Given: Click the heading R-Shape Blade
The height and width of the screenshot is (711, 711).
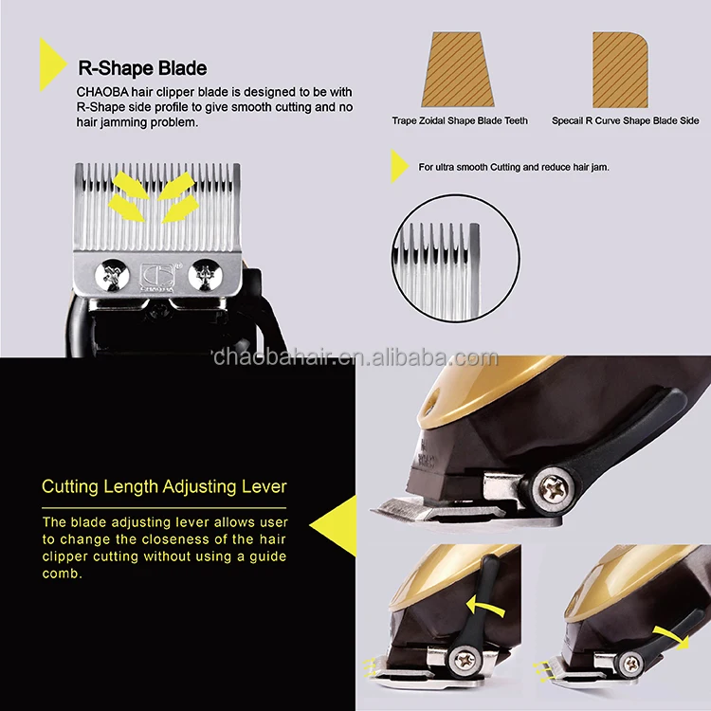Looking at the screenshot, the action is [x=141, y=69].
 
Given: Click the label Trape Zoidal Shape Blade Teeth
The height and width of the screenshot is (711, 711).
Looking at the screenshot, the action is [x=460, y=121].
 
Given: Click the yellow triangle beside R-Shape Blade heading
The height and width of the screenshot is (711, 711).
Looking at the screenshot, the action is [x=51, y=65].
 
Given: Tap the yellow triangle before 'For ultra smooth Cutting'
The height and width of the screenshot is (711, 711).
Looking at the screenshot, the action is [x=399, y=167].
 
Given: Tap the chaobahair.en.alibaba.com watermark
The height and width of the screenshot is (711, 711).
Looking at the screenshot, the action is [x=355, y=357].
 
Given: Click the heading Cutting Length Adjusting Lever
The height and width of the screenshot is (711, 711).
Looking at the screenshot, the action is [x=164, y=487].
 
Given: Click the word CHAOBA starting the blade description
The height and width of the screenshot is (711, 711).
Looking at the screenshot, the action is [x=100, y=92].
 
